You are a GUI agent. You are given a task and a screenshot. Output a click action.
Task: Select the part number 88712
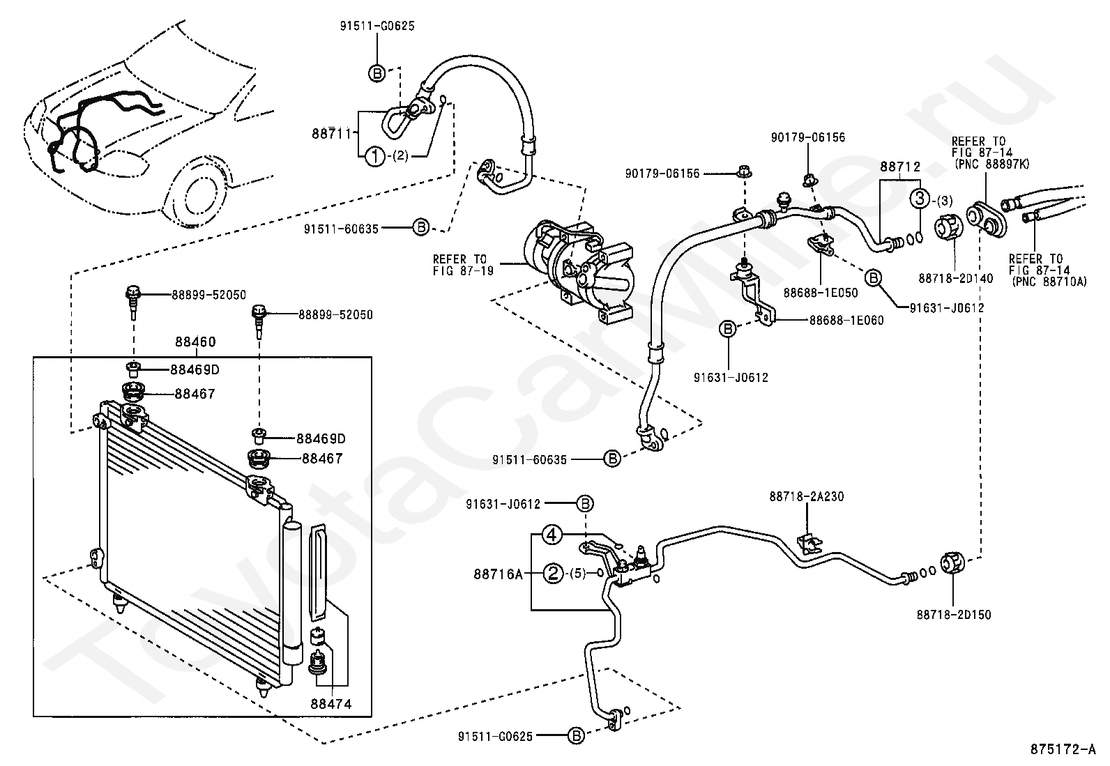point(899,167)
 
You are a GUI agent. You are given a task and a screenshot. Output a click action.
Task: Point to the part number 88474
point(331,705)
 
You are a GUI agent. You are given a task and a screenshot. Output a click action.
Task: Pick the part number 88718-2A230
point(807,497)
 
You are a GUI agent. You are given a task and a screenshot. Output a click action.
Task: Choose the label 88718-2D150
point(954,615)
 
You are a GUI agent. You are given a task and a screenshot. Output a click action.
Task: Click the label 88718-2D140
point(956,278)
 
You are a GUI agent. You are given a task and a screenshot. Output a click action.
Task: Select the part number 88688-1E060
point(846,321)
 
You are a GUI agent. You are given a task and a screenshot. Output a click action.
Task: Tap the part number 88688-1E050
point(820,293)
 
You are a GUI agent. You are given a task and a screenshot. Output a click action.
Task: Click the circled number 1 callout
point(375,157)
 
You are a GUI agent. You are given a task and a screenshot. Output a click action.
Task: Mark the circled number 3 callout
point(920,199)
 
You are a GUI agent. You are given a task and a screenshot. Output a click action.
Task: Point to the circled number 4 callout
point(552,535)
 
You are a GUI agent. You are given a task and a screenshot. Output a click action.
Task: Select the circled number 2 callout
point(553,574)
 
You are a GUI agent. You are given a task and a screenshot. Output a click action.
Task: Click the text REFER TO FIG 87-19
point(462,265)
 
